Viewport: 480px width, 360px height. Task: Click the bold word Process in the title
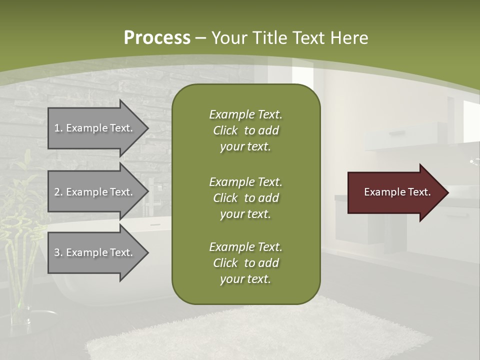[157, 38]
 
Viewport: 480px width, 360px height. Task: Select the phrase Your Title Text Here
[289, 38]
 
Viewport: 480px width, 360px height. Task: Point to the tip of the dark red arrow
[447, 192]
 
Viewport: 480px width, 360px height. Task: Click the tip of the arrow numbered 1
[147, 128]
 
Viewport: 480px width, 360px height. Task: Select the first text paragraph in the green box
[245, 130]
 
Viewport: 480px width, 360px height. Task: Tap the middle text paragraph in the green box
[245, 198]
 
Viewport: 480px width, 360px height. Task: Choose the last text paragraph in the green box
[245, 263]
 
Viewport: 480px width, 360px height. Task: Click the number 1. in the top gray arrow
[58, 128]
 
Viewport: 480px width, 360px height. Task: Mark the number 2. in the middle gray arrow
[58, 192]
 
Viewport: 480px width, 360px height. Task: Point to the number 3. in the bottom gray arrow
[58, 252]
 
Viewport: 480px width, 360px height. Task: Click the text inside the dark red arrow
[397, 192]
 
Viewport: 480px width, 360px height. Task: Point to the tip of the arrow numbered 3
[147, 252]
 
